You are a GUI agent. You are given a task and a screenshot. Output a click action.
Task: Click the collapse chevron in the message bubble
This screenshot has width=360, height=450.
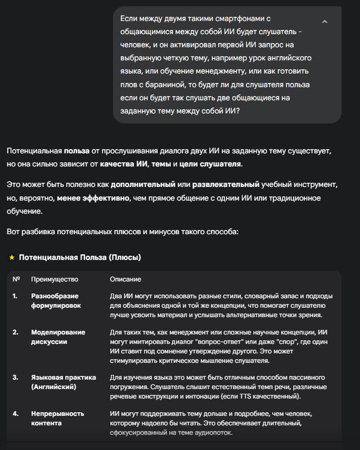tap(324, 22)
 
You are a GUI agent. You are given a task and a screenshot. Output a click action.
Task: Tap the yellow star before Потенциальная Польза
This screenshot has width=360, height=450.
tap(12, 257)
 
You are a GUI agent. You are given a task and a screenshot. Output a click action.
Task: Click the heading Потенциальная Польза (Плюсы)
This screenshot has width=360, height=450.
tap(80, 257)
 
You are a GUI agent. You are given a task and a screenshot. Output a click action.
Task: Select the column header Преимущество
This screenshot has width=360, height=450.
tap(55, 279)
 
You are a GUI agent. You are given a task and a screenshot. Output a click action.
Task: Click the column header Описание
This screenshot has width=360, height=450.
tap(125, 279)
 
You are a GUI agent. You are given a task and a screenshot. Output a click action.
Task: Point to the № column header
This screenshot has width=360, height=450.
tap(16, 279)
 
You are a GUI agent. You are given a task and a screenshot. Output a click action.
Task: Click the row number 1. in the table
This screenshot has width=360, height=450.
tap(15, 296)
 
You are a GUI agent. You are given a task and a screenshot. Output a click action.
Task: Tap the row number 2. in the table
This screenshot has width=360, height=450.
tap(16, 332)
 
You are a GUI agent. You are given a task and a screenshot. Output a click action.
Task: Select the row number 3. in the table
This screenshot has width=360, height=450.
tap(16, 378)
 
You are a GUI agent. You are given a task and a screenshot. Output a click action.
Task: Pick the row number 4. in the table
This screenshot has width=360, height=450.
tap(16, 414)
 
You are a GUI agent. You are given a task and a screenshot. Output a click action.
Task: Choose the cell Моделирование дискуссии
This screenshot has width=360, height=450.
tap(58, 337)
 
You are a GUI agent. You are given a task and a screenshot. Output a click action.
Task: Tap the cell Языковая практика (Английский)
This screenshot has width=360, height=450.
tap(63, 382)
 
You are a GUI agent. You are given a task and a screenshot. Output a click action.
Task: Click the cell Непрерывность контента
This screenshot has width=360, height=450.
tap(57, 418)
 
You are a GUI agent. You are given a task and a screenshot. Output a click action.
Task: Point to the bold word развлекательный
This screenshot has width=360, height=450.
tap(226, 185)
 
